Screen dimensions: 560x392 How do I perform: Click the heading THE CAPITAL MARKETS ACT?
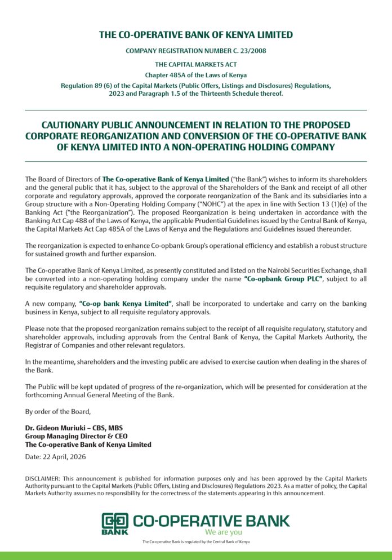coord(195,64)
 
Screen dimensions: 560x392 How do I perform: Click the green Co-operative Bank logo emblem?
coord(115,523)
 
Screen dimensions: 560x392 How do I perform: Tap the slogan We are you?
coord(224,532)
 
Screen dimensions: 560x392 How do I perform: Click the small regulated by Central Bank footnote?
coord(195,542)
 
